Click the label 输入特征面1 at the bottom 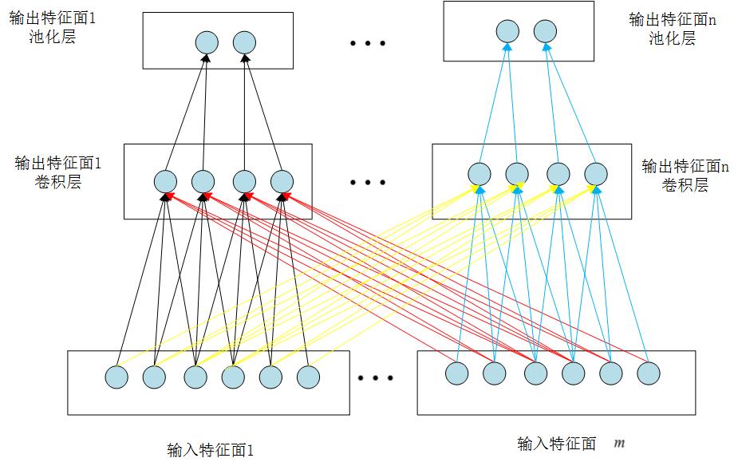pyautogui.click(x=211, y=450)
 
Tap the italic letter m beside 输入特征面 pyautogui.click(x=619, y=442)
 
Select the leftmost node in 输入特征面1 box pyautogui.click(x=116, y=377)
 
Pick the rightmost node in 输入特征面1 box pyautogui.click(x=308, y=377)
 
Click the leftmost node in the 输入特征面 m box pyautogui.click(x=456, y=373)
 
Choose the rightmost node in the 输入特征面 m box pyautogui.click(x=649, y=373)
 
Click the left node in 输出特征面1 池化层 pyautogui.click(x=206, y=41)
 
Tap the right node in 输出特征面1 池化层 pyautogui.click(x=244, y=41)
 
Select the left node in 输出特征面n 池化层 pyautogui.click(x=507, y=32)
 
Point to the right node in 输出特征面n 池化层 pyautogui.click(x=545, y=32)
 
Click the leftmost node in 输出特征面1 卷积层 pyautogui.click(x=165, y=182)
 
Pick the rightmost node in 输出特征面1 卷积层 pyautogui.click(x=282, y=182)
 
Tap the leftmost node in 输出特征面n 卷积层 pyautogui.click(x=479, y=174)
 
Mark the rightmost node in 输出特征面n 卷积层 pyautogui.click(x=596, y=174)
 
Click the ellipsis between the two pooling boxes pyautogui.click(x=368, y=43)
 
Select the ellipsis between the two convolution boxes pyautogui.click(x=368, y=183)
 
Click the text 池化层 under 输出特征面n pyautogui.click(x=672, y=38)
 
